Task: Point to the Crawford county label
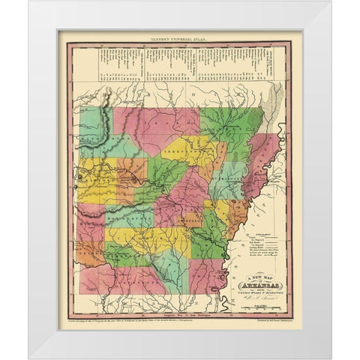[x=101, y=181]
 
